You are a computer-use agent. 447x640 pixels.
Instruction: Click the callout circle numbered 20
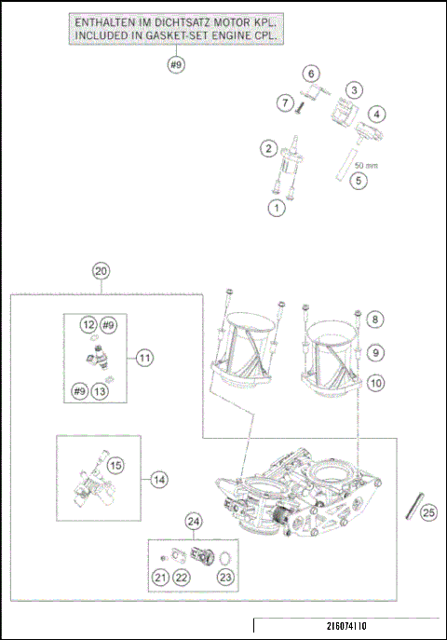tap(102, 270)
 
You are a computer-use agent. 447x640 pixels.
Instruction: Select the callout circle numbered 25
tap(427, 511)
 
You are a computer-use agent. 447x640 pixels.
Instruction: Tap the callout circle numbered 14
tap(160, 479)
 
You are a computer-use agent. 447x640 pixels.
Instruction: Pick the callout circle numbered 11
tap(144, 357)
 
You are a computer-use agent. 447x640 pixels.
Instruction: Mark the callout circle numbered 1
tap(276, 208)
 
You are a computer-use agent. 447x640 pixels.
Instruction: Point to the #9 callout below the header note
tap(176, 64)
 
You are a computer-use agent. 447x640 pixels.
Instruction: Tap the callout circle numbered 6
tap(311, 74)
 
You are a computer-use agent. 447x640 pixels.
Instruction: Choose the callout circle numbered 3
tap(354, 89)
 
